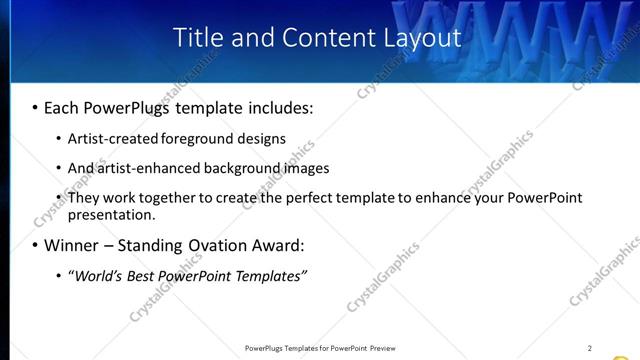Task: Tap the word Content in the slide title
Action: pyautogui.click(x=322, y=38)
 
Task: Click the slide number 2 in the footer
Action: pyautogui.click(x=589, y=348)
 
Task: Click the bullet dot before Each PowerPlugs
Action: pyautogui.click(x=35, y=107)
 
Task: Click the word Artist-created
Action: pyautogui.click(x=107, y=139)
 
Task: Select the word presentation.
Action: pyautogui.click(x=111, y=214)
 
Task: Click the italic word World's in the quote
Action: pyautogui.click(x=96, y=276)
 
